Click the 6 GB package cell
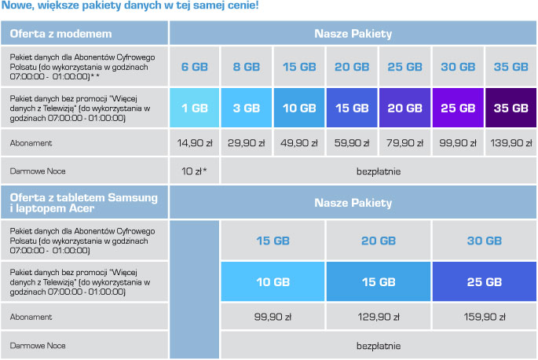(x=195, y=67)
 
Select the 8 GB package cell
(x=247, y=67)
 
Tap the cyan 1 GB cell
(x=195, y=108)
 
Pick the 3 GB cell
(x=247, y=108)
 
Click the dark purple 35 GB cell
(x=511, y=108)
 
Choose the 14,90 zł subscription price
(x=195, y=144)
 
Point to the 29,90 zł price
(x=247, y=144)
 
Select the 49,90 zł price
(x=300, y=144)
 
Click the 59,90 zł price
(x=353, y=144)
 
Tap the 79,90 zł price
(x=405, y=144)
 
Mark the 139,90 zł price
(x=511, y=144)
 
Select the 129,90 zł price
(x=379, y=317)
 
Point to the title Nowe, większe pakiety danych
(x=127, y=6)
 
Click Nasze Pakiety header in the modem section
(x=353, y=34)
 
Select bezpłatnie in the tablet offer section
(x=379, y=345)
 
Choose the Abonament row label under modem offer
(x=31, y=144)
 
